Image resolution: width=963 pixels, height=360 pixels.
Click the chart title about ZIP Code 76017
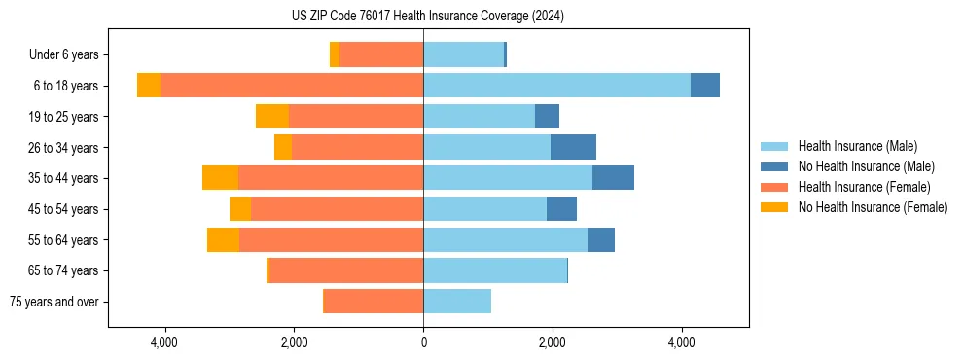pos(428,16)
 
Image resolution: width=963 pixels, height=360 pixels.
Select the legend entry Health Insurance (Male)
pos(857,146)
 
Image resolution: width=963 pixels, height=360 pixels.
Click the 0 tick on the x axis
pos(423,342)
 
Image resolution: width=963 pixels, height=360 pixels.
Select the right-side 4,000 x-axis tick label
pos(682,342)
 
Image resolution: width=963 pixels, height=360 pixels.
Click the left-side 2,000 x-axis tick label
pos(294,342)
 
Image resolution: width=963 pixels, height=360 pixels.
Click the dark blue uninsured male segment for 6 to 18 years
pos(705,86)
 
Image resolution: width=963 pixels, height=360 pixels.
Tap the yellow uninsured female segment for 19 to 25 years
pos(272,117)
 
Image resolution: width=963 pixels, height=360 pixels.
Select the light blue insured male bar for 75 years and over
pos(457,302)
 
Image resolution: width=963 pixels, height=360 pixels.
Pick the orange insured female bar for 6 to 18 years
pos(292,86)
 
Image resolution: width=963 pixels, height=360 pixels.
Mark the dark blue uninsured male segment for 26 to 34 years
pos(573,147)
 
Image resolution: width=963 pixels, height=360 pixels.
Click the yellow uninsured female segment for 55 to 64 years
pos(223,239)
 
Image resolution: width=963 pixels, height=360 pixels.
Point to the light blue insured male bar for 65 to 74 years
pos(495,270)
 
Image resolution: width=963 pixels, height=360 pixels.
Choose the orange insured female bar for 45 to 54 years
pos(337,209)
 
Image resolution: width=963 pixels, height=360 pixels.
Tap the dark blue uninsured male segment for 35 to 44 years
pos(613,178)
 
